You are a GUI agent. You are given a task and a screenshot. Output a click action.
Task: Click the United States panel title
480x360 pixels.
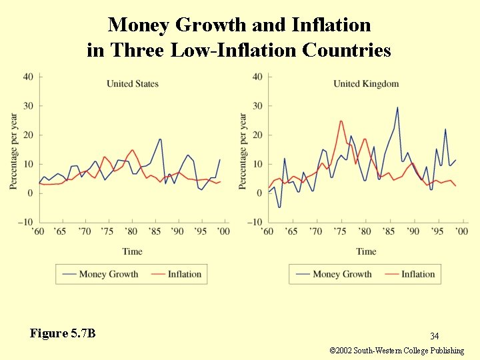click(x=133, y=83)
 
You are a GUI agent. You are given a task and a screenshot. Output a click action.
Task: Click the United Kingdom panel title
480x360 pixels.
click(x=366, y=83)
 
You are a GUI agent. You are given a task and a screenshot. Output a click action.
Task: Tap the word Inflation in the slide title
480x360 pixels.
click(x=331, y=25)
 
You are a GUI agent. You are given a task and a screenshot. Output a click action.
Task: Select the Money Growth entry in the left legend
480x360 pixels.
click(x=108, y=274)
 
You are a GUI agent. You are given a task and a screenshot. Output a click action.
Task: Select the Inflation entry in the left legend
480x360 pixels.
click(x=184, y=274)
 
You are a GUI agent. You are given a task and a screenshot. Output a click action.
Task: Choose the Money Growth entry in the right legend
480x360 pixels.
click(x=341, y=274)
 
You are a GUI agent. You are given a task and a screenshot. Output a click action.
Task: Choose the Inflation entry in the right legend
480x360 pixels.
click(x=418, y=274)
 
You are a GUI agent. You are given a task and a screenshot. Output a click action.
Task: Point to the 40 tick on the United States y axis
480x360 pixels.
click(x=28, y=77)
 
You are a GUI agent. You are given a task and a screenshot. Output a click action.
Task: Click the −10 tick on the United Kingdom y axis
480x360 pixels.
click(x=254, y=222)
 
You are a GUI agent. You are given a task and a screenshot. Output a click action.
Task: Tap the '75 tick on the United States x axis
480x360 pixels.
click(x=107, y=231)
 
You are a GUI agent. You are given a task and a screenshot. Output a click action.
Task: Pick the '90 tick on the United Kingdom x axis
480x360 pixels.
click(x=413, y=231)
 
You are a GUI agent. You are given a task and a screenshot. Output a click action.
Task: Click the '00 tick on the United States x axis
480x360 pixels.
click(x=223, y=231)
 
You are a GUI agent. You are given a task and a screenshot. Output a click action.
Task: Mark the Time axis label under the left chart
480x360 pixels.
click(x=132, y=251)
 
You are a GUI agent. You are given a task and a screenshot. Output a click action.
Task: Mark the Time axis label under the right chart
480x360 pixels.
click(x=366, y=251)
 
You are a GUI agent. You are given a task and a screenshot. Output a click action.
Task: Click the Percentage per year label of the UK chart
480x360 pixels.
click(x=244, y=151)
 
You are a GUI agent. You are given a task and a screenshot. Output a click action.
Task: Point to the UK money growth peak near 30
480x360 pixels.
click(x=398, y=107)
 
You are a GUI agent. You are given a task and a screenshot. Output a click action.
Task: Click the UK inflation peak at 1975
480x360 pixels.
click(x=341, y=121)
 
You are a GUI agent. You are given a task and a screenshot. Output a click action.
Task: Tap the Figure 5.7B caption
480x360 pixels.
click(x=63, y=333)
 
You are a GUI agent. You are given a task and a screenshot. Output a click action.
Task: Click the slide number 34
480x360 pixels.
click(x=434, y=336)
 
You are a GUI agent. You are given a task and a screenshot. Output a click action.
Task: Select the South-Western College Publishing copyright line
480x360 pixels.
click(x=397, y=351)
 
